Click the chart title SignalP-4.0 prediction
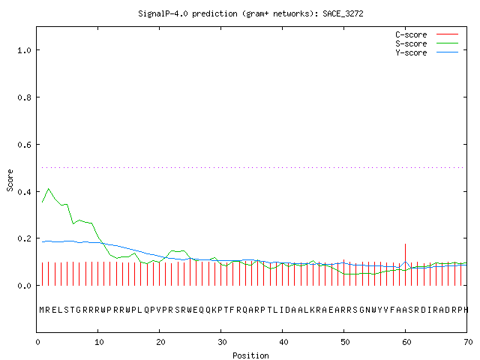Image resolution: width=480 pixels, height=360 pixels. coord(187,13)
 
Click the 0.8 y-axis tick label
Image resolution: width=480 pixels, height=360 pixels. coord(24,97)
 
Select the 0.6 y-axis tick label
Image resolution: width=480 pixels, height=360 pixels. coord(24,145)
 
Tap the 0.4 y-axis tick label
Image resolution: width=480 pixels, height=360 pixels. coord(24,192)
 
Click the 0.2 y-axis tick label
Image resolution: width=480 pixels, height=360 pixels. coord(24,238)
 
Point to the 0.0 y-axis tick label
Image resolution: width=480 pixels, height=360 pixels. coord(24,286)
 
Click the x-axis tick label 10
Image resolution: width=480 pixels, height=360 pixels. coord(99,342)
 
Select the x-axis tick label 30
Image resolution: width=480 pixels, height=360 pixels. coord(222,342)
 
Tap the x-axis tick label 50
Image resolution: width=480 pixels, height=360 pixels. coord(345,342)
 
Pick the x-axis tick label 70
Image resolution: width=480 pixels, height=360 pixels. coord(468,342)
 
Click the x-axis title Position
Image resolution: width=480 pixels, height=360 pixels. coord(250,355)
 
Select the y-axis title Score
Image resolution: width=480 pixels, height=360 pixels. coord(10,180)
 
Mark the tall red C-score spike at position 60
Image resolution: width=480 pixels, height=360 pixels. coord(405,265)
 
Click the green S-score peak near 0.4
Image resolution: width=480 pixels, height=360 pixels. coord(48,189)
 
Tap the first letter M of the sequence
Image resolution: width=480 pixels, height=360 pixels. coord(42,310)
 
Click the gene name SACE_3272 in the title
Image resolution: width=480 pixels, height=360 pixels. coord(343,13)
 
